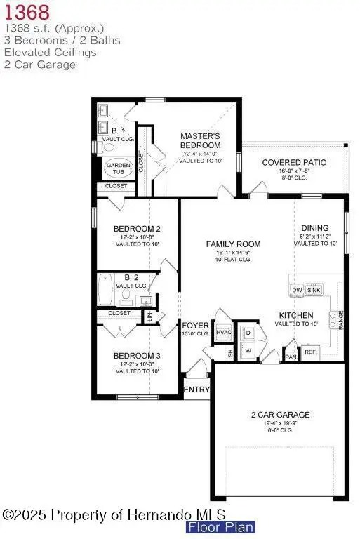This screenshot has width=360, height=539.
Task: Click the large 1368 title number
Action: [27, 12]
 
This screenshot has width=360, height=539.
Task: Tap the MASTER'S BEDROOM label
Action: [201, 140]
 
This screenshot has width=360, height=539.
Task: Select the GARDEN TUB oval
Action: [118, 168]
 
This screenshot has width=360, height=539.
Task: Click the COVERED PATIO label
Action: [294, 162]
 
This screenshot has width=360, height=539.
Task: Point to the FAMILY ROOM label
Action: [233, 244]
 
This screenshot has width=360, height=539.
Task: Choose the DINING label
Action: [314, 227]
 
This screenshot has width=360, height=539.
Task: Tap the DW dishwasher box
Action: [296, 289]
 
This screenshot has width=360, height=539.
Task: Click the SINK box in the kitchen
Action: [314, 289]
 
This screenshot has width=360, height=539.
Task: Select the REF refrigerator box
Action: [311, 351]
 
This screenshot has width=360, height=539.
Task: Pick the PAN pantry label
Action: [291, 357]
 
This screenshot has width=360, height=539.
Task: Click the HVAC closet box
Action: [224, 332]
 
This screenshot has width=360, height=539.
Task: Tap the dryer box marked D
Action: [248, 331]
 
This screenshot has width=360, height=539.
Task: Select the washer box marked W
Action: [248, 349]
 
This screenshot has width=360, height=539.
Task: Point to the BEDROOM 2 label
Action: [138, 229]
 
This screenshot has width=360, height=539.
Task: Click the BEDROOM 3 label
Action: [138, 355]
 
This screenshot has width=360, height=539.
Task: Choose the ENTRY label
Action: [196, 390]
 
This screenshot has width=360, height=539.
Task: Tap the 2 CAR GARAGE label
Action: [280, 414]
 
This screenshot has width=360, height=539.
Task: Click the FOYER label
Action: [196, 326]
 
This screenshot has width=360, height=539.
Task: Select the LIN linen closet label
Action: [150, 317]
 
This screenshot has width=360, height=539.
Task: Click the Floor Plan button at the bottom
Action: [220, 527]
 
